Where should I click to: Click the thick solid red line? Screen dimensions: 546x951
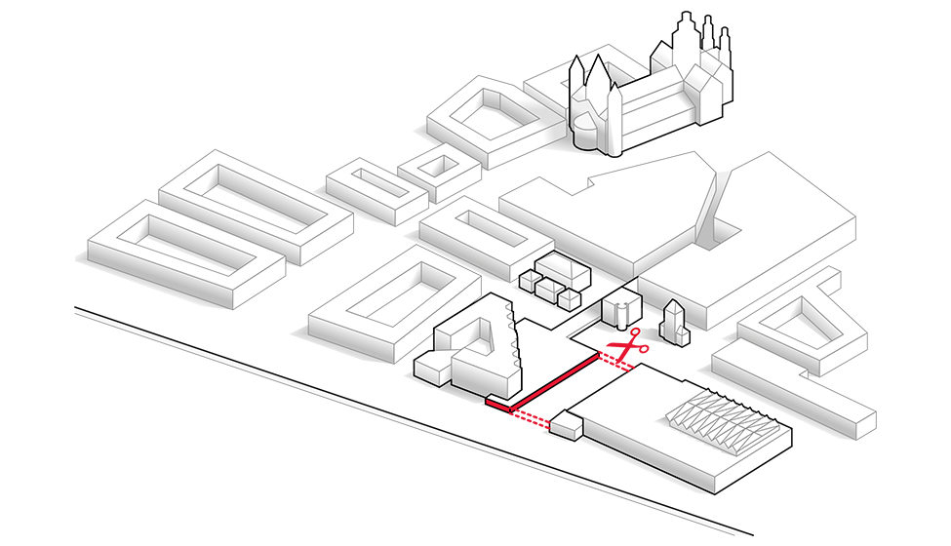(x=552, y=382)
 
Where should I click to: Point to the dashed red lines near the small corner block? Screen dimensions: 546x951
(x=531, y=418)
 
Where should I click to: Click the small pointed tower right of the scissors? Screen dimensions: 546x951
(x=673, y=322)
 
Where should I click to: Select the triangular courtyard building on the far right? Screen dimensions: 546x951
(x=802, y=322)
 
